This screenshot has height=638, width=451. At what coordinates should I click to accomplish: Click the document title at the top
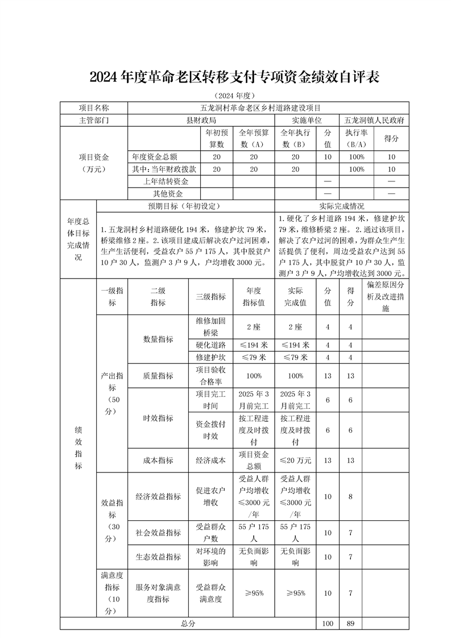click(226, 77)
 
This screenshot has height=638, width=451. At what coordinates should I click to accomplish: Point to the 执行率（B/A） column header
click(356, 138)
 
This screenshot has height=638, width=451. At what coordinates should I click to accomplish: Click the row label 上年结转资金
click(166, 181)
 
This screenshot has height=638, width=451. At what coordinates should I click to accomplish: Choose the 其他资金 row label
click(166, 194)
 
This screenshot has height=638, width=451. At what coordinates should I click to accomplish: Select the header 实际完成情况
click(342, 206)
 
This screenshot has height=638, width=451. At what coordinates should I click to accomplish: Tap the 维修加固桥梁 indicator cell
click(211, 327)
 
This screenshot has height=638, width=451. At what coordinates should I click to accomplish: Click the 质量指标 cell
click(158, 376)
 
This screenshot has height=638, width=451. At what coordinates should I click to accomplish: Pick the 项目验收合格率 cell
click(211, 376)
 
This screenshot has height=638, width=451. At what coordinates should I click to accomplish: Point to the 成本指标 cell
click(158, 461)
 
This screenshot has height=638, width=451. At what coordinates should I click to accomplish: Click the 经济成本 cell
click(211, 461)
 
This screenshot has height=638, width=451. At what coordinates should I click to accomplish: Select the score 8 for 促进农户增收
click(350, 496)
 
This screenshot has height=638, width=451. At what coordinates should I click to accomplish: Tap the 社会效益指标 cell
click(158, 533)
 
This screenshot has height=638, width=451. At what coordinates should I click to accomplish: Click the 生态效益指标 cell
click(158, 557)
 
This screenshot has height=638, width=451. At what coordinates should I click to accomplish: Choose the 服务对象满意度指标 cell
click(158, 593)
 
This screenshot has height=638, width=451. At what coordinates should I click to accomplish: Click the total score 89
click(350, 624)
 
